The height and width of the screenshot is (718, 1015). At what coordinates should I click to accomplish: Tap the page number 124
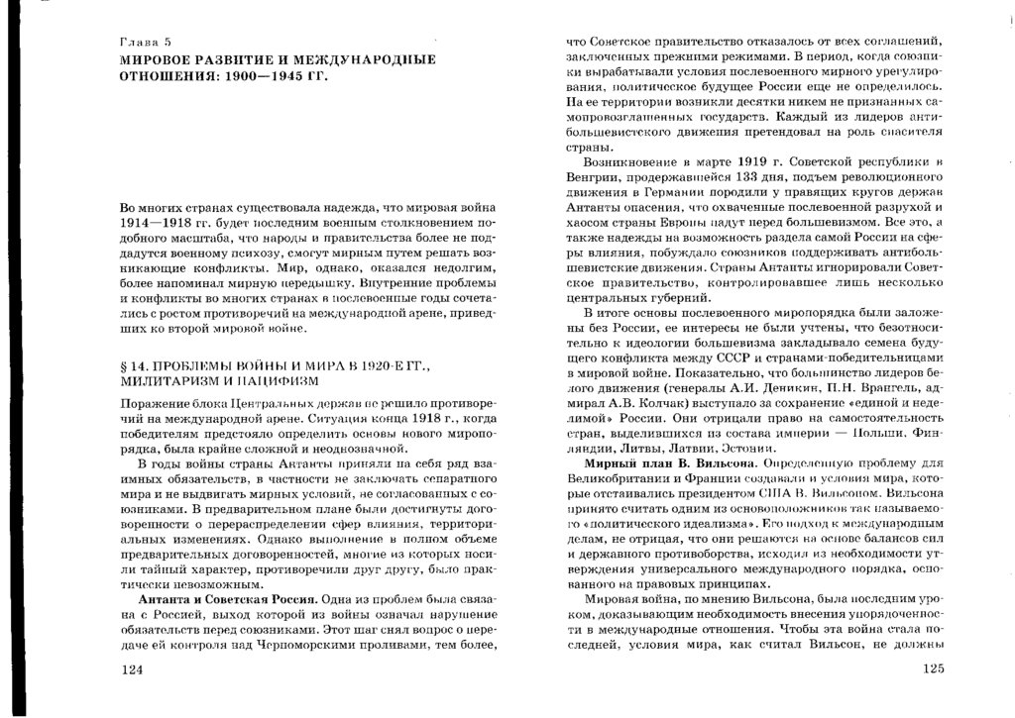pos(132,670)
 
